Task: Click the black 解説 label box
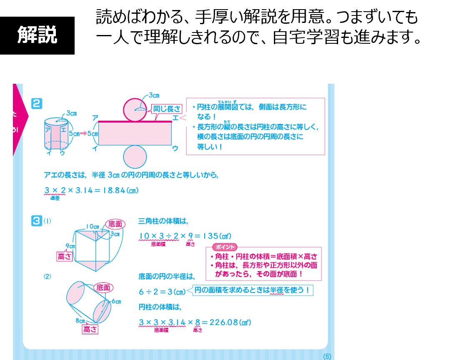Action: click(x=37, y=36)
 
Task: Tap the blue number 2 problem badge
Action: click(x=37, y=103)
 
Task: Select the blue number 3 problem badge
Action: click(x=37, y=221)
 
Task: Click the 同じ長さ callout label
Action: click(x=167, y=109)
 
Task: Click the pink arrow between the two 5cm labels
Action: click(x=83, y=134)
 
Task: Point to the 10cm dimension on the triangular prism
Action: click(x=93, y=227)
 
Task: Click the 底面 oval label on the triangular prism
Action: click(x=116, y=224)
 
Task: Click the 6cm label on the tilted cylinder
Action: click(x=116, y=301)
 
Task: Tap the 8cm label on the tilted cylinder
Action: click(x=80, y=321)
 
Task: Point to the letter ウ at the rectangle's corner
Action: click(x=175, y=148)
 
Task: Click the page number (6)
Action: click(x=326, y=356)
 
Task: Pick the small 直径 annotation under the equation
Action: click(x=55, y=198)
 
